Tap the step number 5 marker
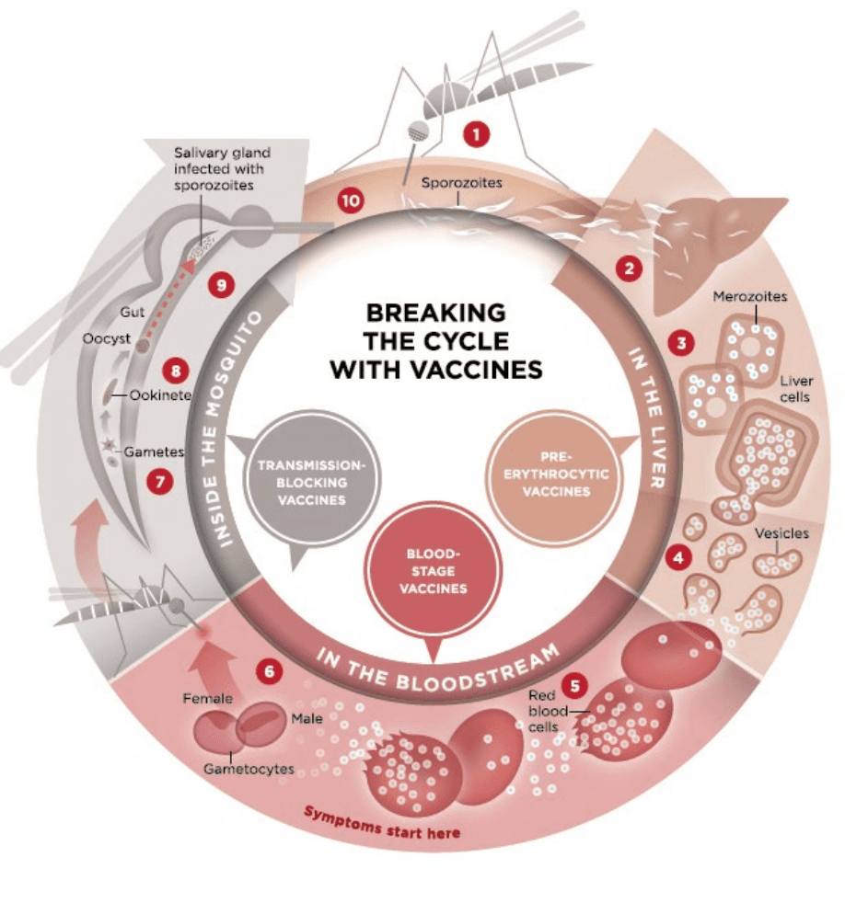(576, 685)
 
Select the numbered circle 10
(351, 199)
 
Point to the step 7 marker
(160, 480)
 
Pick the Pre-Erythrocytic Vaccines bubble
(554, 474)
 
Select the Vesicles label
(781, 533)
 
